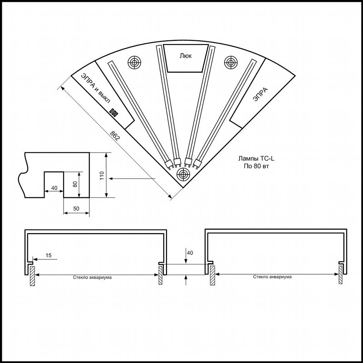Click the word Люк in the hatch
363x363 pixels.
186,56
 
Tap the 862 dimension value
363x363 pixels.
115,136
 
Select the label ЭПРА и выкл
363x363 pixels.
95,88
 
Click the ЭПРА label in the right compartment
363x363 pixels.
260,94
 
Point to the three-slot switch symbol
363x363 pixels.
113,113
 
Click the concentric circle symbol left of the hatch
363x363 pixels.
134,62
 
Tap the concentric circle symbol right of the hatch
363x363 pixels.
231,62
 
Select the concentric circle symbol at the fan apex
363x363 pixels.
183,174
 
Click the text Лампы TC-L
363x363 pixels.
256,158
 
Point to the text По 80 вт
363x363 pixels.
256,166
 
